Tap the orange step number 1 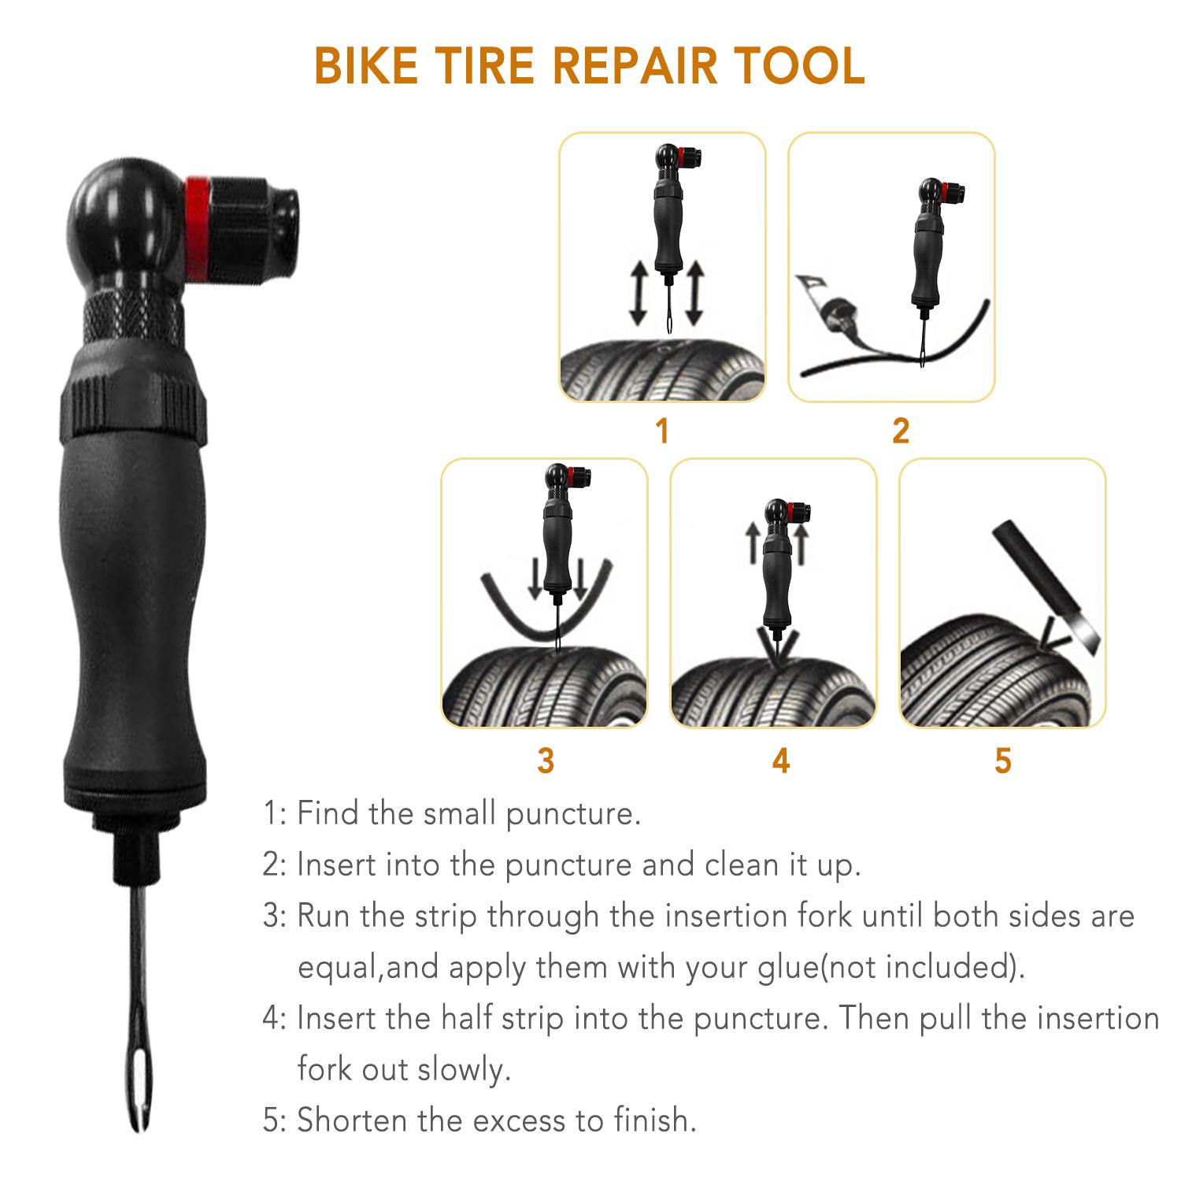662,431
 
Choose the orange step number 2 901,431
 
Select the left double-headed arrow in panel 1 639,293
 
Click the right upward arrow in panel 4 802,544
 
